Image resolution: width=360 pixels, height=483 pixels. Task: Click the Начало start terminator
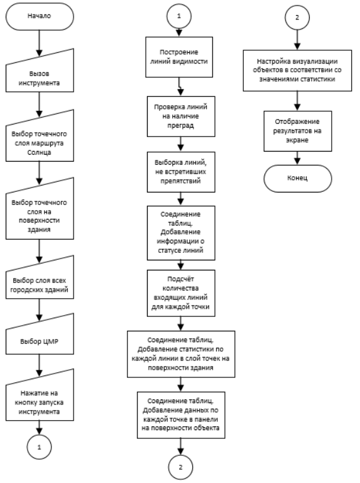(x=40, y=16)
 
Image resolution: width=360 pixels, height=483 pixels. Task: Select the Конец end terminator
(x=298, y=179)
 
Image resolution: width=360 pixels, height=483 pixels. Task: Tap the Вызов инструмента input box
(x=40, y=74)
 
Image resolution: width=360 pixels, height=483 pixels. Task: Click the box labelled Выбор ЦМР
(x=40, y=337)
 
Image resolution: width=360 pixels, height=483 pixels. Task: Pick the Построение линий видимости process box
(x=179, y=57)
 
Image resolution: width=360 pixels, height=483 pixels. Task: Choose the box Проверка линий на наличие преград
(x=181, y=116)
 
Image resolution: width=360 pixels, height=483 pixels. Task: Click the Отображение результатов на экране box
(x=298, y=131)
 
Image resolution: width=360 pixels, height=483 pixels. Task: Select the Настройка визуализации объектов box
(x=297, y=70)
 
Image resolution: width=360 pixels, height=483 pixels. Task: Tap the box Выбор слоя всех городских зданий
(x=40, y=280)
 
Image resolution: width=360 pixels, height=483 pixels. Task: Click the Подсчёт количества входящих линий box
(x=181, y=293)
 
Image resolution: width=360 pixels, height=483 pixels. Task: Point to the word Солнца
(x=39, y=152)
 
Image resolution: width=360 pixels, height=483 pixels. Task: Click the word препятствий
(x=180, y=180)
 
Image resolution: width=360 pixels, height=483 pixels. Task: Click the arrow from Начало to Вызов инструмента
(x=39, y=43)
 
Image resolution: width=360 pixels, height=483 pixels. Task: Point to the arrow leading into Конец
(x=297, y=158)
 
